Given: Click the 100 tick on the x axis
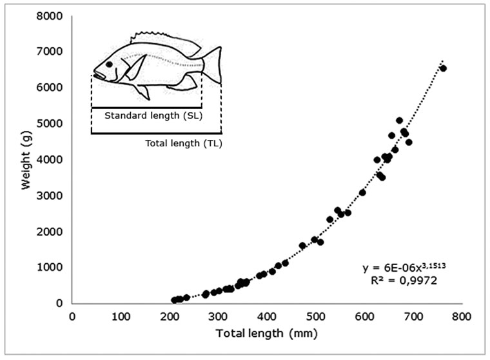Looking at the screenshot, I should point(121,316).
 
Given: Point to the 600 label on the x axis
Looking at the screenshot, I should point(364,316).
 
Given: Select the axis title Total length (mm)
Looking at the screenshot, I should point(266,334).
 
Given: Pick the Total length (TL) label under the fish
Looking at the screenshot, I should point(181,143).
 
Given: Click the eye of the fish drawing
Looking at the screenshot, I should point(110,65).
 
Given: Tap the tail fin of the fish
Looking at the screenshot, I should point(214,65).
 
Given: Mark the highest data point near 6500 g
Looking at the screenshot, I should point(443,68).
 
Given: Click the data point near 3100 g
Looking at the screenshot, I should point(362,192).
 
